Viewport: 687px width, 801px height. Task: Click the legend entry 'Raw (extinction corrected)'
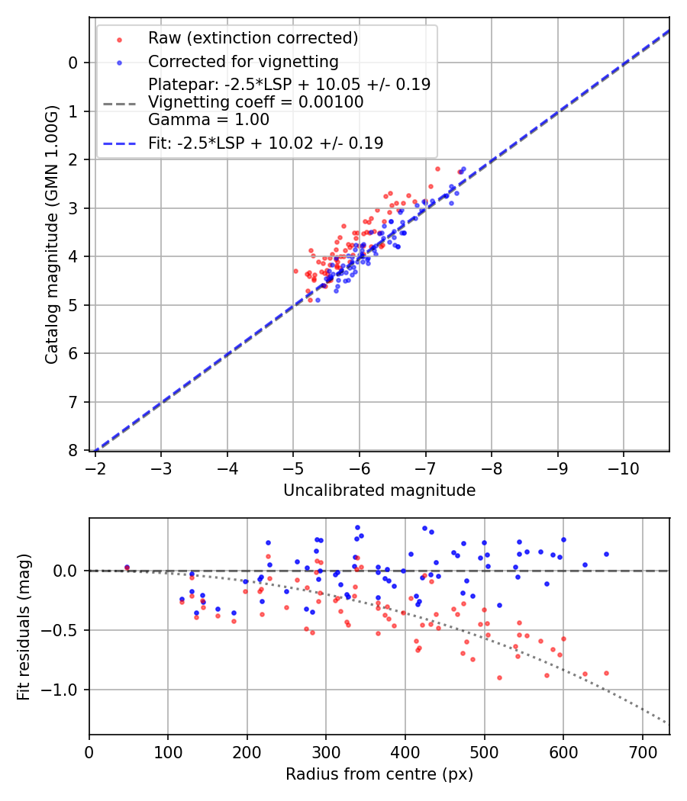point(253,38)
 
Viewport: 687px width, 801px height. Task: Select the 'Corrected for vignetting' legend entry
point(243,61)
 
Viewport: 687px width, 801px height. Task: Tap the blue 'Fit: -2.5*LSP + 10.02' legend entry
point(265,143)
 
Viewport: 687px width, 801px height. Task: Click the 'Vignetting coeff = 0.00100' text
point(256,102)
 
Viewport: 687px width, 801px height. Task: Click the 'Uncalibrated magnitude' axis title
point(379,491)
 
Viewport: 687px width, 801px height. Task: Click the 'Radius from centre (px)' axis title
point(379,774)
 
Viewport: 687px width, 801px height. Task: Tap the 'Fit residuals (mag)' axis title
point(24,626)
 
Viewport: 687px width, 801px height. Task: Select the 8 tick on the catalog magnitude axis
point(73,450)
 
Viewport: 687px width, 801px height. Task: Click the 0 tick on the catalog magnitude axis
point(73,63)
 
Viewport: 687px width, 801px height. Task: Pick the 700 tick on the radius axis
point(642,751)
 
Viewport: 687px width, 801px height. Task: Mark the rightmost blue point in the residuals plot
point(606,554)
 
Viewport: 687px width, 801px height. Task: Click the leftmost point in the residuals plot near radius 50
point(127,568)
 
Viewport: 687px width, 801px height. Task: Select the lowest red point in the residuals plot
point(499,677)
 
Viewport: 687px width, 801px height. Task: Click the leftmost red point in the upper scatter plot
point(296,271)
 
